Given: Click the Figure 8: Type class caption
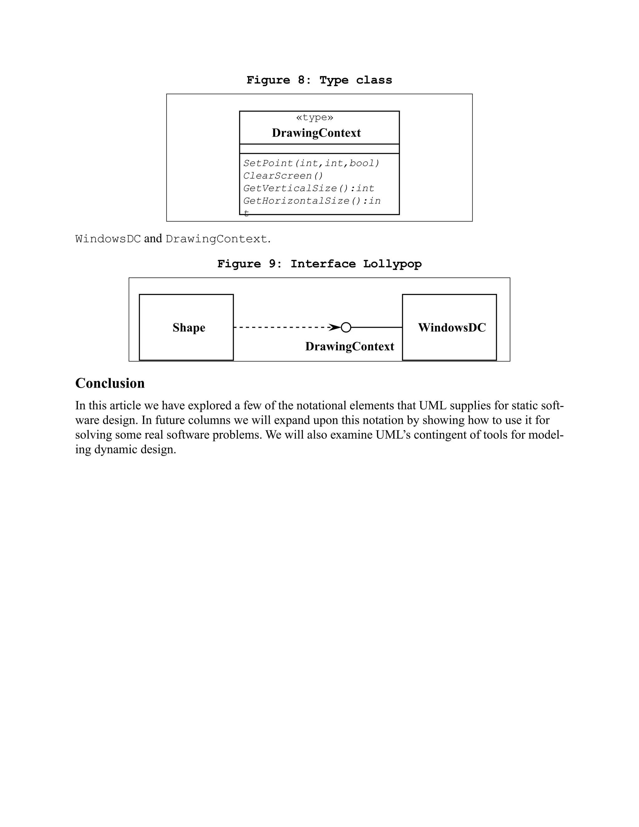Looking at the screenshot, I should coord(319,80).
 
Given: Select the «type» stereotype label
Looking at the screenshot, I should coord(315,117).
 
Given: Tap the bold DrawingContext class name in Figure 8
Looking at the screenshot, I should coord(316,133).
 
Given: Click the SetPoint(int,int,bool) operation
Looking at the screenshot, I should coord(311,163).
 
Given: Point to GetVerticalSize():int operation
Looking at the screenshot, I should coord(309,188).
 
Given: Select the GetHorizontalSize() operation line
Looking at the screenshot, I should coord(312,201).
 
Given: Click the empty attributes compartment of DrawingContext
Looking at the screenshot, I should coord(319,149).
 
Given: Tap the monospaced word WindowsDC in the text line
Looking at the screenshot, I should coord(108,239).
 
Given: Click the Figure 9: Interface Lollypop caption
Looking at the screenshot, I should coord(319,264).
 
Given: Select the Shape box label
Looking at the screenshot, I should coord(189,328).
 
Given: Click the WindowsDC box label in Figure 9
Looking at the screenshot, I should coord(451,328).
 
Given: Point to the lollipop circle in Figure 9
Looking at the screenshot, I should coord(346,327).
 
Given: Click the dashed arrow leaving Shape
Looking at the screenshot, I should coord(280,327).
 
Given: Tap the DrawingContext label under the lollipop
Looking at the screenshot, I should coord(349,346).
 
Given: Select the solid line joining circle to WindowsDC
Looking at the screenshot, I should coord(377,327).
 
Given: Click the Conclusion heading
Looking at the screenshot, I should coord(110,383).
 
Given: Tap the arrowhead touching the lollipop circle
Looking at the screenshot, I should coord(335,327).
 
